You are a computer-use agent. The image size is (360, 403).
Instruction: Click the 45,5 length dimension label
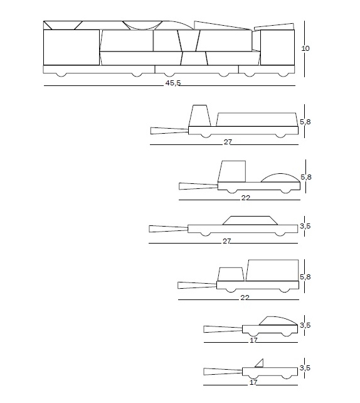(173, 83)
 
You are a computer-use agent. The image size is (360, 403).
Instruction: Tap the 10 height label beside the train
(305, 48)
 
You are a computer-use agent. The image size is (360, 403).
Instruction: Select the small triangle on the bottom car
(260, 363)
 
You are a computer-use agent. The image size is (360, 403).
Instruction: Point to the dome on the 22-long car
(280, 178)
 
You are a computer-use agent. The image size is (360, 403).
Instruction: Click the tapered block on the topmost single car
(200, 116)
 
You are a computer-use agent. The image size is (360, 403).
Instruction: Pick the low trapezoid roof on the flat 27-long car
(250, 220)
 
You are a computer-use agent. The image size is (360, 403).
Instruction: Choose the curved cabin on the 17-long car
(278, 321)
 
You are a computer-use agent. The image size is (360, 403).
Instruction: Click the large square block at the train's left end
(71, 47)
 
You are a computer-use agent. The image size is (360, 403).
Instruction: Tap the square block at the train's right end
(277, 47)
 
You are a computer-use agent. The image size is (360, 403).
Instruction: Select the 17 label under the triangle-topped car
(253, 382)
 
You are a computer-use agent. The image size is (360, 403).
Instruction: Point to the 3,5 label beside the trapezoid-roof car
(305, 226)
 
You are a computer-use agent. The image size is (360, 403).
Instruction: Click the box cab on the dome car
(232, 171)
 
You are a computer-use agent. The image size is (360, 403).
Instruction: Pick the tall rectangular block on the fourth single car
(272, 271)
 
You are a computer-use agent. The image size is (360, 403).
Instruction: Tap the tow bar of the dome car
(198, 186)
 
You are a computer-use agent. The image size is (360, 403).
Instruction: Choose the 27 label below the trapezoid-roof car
(227, 241)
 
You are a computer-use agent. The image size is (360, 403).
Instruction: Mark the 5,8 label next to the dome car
(306, 177)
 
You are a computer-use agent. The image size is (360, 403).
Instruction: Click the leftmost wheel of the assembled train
(61, 75)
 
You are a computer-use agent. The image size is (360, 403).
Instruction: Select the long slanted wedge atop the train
(223, 26)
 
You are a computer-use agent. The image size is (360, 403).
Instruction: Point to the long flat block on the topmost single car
(256, 119)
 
